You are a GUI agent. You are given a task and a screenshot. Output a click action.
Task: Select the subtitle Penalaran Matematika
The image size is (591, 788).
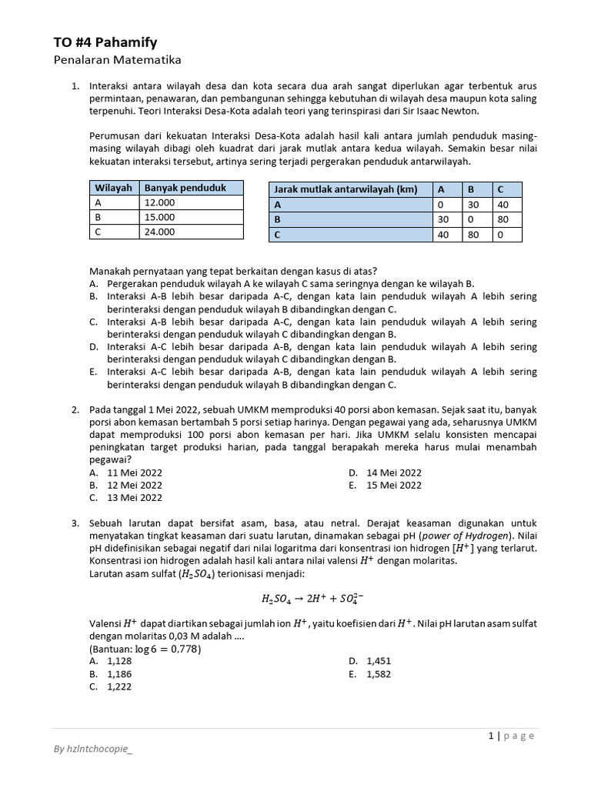(x=117, y=60)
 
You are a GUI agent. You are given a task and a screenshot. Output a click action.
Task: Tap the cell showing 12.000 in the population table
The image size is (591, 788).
(x=160, y=202)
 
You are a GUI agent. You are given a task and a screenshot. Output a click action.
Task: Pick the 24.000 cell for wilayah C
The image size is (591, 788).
(x=160, y=232)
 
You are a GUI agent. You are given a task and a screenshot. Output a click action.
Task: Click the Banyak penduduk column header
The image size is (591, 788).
(x=185, y=188)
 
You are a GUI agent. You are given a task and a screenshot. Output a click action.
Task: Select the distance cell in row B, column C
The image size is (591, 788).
(x=505, y=220)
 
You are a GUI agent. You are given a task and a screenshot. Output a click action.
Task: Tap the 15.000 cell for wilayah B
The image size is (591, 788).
(x=160, y=217)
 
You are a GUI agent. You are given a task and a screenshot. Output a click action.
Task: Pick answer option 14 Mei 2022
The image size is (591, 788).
(x=394, y=472)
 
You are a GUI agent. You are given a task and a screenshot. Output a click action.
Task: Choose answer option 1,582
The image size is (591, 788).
(x=380, y=674)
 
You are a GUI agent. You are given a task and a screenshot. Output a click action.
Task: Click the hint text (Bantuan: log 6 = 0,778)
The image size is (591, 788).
(x=145, y=649)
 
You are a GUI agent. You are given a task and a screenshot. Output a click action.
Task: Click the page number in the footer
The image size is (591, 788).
(x=490, y=736)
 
